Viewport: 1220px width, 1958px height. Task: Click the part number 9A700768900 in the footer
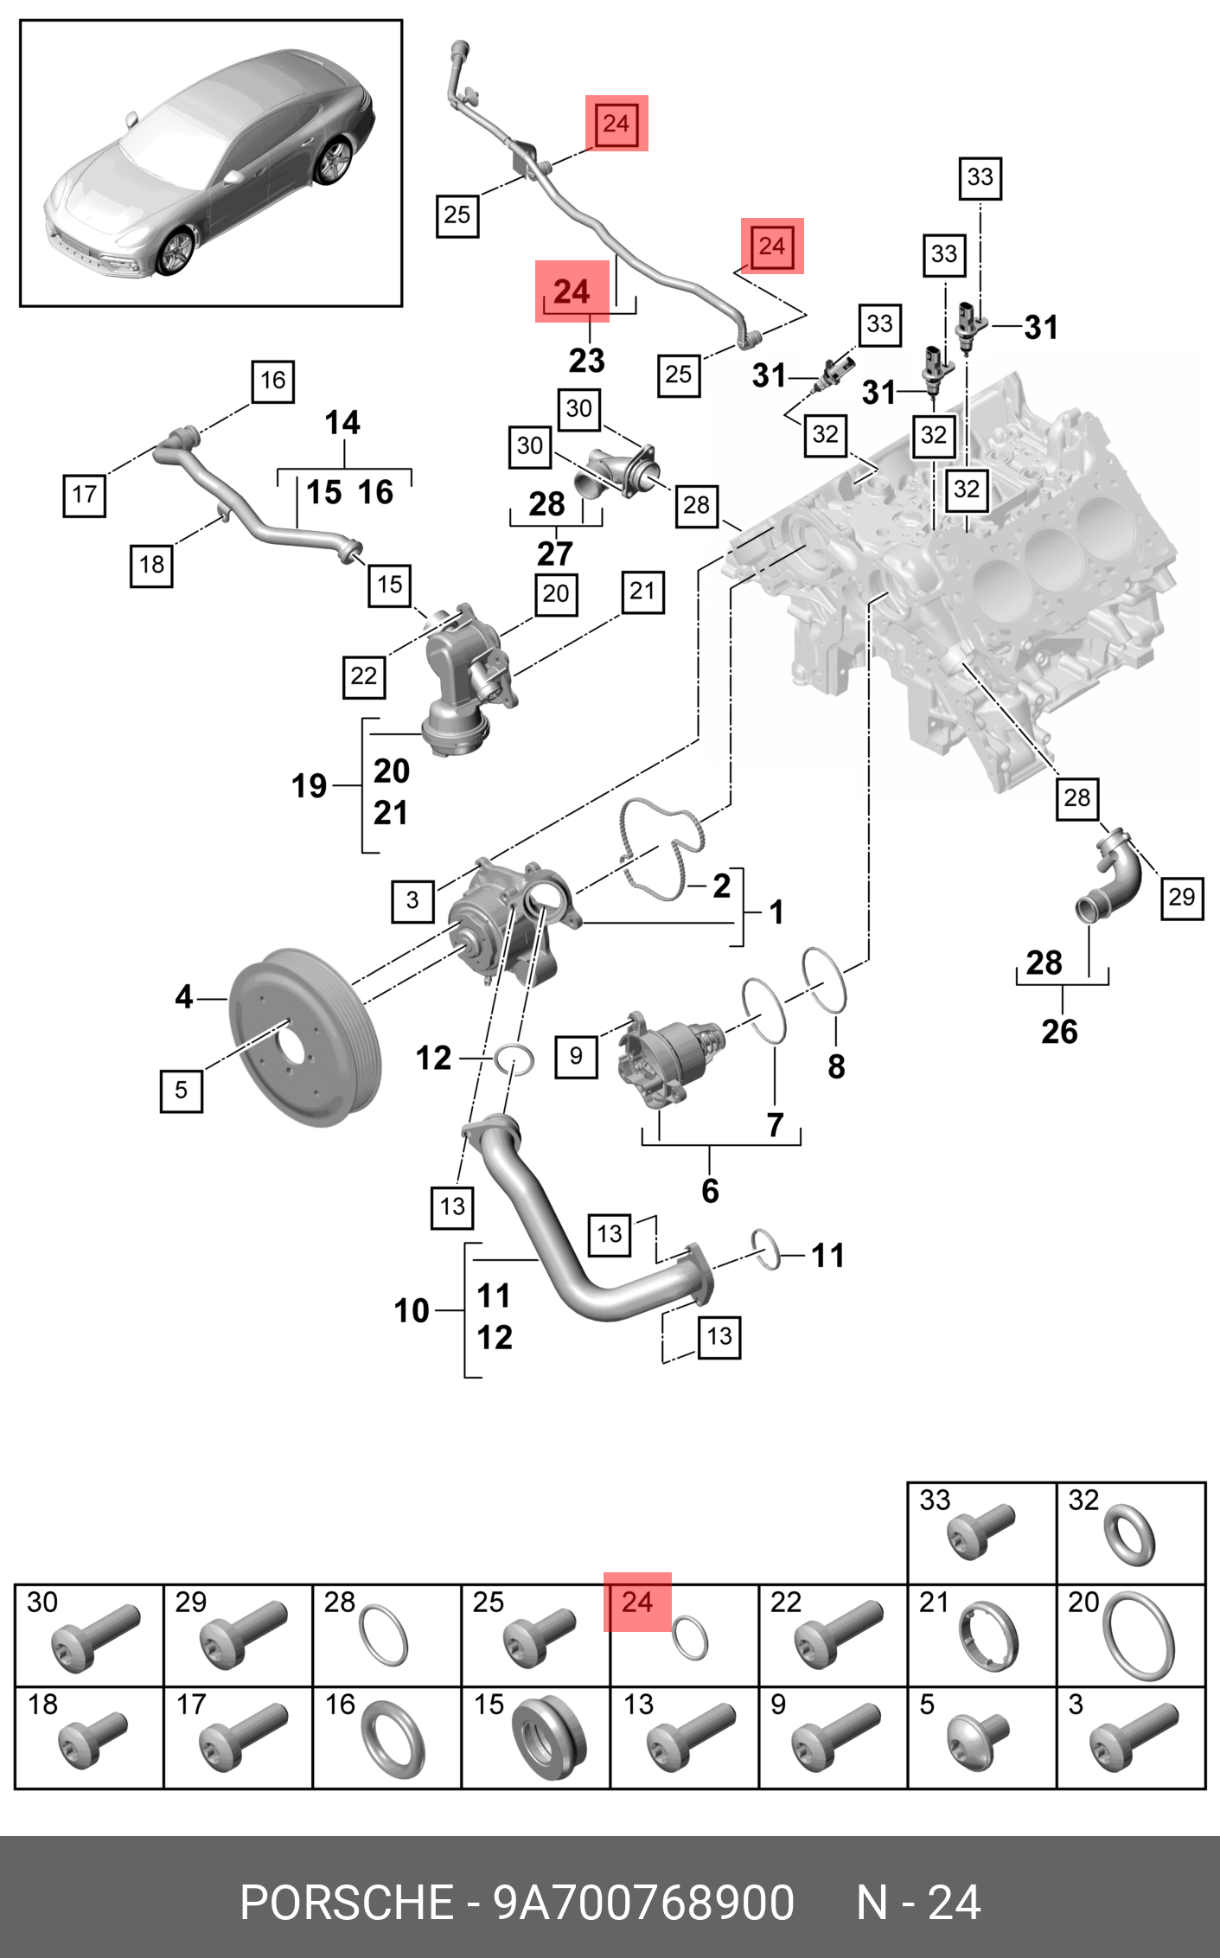643,1902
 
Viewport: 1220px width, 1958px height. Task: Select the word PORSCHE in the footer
346,1902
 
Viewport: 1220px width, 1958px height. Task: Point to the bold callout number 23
586,360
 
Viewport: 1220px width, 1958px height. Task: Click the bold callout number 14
342,423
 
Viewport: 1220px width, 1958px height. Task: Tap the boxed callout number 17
85,495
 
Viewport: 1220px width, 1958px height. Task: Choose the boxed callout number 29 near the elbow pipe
1181,897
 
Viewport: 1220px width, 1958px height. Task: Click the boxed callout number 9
576,1056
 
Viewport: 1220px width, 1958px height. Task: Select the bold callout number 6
710,1191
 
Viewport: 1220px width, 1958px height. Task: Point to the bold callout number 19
309,785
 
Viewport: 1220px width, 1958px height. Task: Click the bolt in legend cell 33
980,1532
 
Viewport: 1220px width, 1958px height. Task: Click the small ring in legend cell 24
690,1636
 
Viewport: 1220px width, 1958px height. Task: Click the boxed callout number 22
364,675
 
